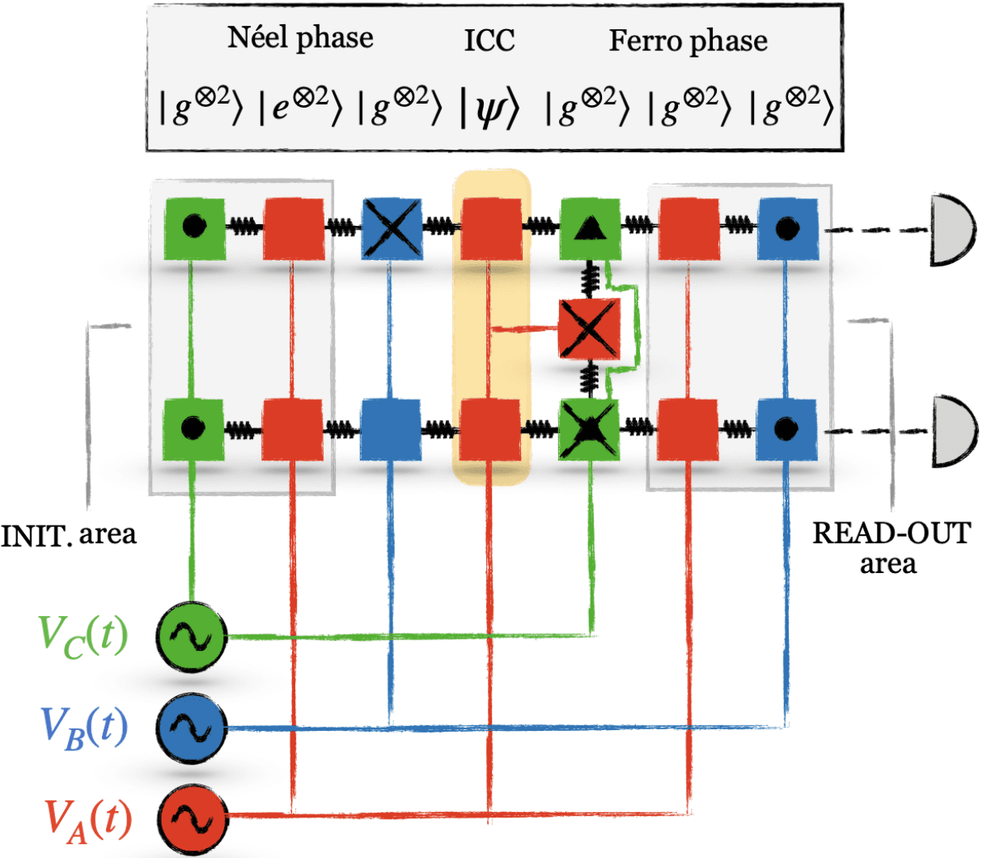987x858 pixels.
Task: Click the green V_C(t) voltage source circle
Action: (x=191, y=637)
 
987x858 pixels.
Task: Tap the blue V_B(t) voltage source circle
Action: (x=191, y=728)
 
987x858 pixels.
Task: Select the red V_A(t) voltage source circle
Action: (x=191, y=818)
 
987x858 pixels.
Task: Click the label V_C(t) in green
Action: (x=83, y=636)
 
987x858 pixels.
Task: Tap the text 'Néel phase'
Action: (x=300, y=38)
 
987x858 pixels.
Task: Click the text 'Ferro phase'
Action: (x=688, y=40)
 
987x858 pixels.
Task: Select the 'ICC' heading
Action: (x=489, y=40)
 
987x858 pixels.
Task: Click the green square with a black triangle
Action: (x=590, y=229)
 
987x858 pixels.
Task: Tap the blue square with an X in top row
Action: (x=392, y=229)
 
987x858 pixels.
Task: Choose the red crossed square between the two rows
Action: (x=590, y=329)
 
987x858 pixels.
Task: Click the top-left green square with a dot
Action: (x=194, y=229)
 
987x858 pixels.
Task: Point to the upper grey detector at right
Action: (x=955, y=230)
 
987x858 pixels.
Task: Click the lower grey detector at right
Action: (x=955, y=431)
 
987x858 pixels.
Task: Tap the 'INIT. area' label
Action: (x=70, y=534)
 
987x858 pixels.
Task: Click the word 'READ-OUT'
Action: (x=891, y=533)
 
